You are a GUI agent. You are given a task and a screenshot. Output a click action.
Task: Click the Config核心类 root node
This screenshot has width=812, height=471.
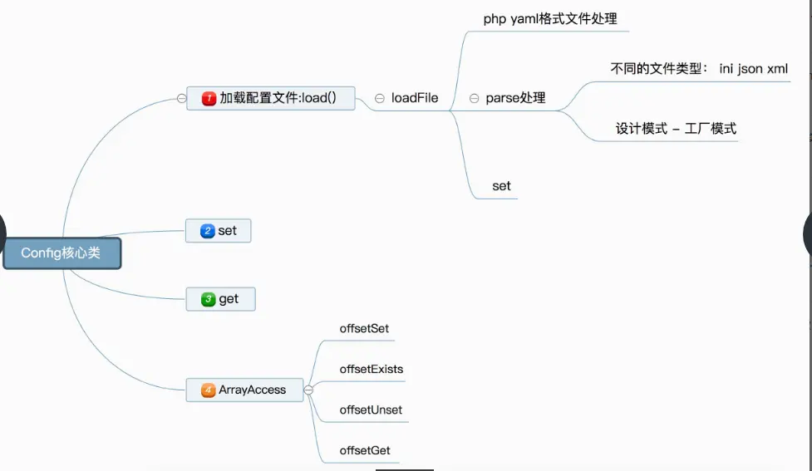point(62,253)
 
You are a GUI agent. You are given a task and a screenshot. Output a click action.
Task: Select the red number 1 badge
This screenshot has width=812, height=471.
point(209,98)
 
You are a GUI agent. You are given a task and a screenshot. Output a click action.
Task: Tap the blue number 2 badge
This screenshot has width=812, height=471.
point(208,231)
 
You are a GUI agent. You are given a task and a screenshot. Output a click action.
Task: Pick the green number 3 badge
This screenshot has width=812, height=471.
point(208,299)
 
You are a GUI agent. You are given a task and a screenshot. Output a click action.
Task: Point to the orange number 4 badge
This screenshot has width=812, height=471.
point(208,390)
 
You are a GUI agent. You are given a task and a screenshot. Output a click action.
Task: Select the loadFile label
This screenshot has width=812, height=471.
point(415,98)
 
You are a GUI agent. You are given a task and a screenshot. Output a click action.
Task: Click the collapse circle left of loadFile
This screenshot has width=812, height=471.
point(380,98)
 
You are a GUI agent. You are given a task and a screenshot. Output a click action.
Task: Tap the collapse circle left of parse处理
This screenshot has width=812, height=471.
point(475,98)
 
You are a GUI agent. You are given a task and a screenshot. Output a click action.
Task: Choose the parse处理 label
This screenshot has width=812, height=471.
point(515,98)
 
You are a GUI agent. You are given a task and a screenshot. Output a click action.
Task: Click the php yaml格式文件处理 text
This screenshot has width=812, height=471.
point(550,18)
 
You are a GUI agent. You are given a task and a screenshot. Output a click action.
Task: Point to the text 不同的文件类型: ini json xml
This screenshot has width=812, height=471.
point(699,69)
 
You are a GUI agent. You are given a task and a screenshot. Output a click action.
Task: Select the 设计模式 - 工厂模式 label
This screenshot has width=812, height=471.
point(676,129)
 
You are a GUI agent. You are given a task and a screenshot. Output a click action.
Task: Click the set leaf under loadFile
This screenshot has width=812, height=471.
point(501,186)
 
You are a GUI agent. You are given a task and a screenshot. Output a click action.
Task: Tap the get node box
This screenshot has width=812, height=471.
point(220,299)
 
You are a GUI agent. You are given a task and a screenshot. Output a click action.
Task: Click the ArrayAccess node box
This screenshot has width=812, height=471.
point(244,390)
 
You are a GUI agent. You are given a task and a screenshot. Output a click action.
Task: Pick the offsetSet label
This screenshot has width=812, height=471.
point(364,328)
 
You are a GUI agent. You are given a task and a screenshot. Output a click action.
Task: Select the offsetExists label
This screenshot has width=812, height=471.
point(372,369)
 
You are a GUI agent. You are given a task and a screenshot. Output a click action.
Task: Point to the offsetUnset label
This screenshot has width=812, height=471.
point(371,410)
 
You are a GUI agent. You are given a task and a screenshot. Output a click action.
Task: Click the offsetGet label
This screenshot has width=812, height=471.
point(365,450)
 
